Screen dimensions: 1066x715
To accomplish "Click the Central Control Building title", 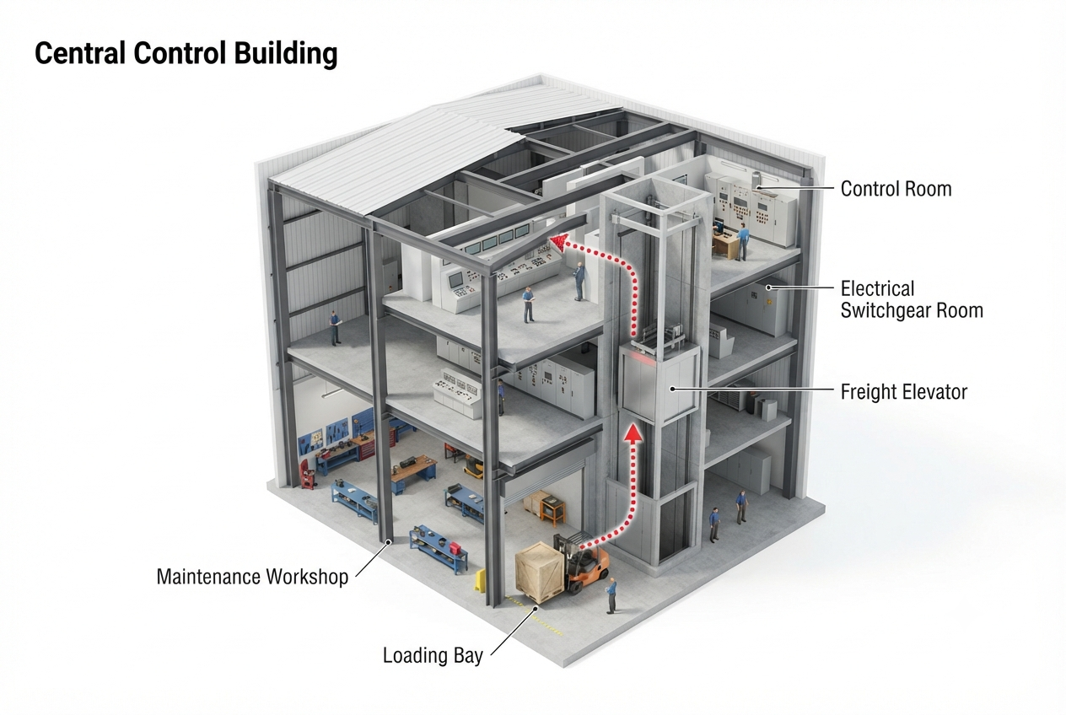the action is tap(186, 54).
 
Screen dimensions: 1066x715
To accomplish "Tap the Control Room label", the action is tap(896, 189).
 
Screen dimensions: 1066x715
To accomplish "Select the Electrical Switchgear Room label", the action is tap(912, 299).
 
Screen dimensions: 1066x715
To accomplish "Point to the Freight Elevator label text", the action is tap(904, 392).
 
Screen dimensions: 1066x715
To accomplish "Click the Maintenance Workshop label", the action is tap(252, 577).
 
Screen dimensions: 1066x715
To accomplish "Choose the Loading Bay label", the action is tap(433, 655).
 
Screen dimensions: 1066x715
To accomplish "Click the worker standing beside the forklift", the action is tap(611, 596).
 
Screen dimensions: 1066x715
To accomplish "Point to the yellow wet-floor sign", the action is tap(480, 580).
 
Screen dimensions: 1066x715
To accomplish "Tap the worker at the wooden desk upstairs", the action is tap(741, 242).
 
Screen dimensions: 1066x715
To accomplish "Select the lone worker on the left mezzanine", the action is tap(336, 328).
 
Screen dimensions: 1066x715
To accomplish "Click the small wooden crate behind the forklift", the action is tap(536, 503).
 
